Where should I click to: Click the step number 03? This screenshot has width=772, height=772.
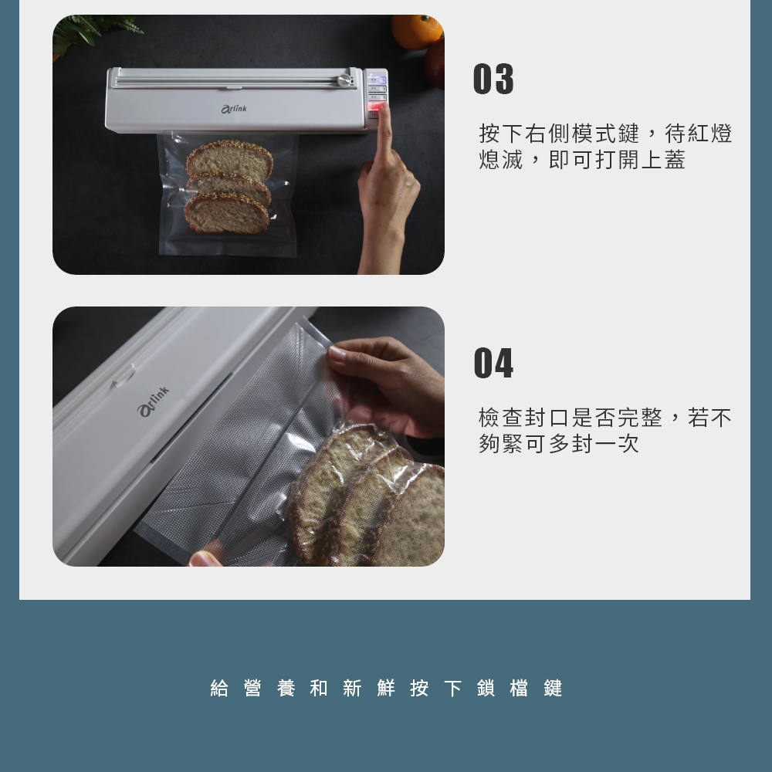493,80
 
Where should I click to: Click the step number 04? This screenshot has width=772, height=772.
493,364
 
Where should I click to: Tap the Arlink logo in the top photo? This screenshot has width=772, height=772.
234,110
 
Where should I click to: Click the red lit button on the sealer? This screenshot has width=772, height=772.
376,107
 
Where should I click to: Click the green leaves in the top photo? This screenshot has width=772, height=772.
93,29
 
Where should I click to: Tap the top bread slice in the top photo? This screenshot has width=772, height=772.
229,159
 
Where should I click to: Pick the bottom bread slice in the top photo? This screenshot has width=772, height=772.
227,215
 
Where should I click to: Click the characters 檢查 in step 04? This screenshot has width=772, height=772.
502,418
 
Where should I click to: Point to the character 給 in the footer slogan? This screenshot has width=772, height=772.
220,689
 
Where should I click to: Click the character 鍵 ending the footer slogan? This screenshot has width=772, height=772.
553,689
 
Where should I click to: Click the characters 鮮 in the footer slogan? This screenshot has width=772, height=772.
386,689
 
